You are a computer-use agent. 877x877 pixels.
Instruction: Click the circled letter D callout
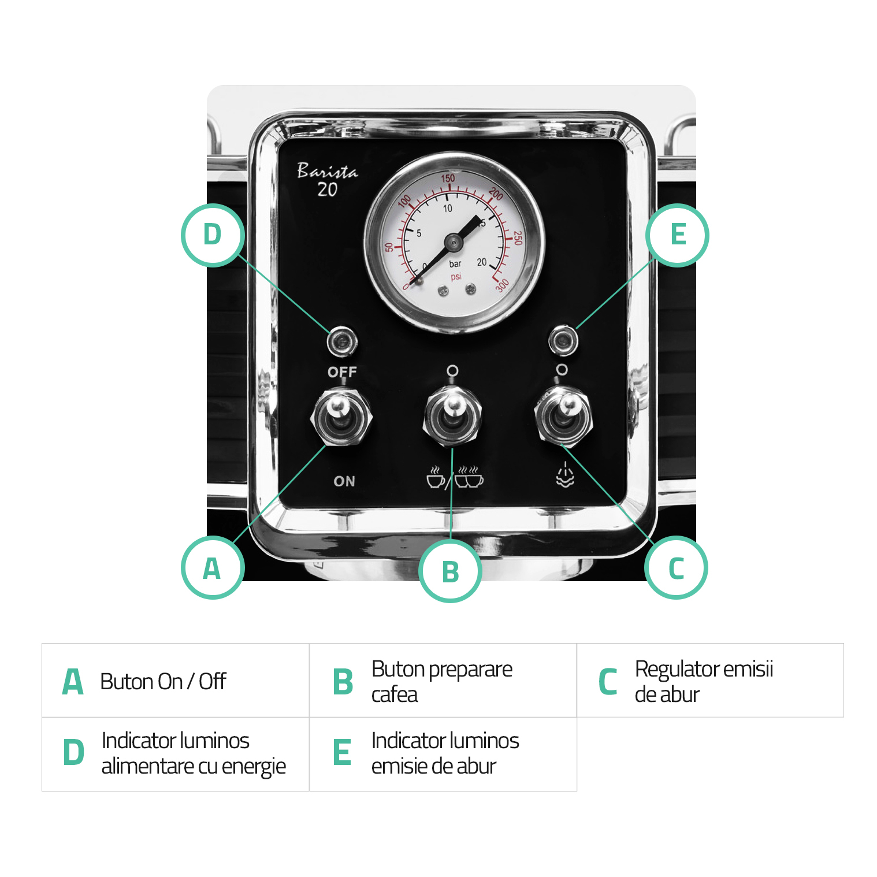[213, 235]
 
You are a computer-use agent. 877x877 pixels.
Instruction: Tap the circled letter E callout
[677, 235]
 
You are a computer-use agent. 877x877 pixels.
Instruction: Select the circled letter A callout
[213, 567]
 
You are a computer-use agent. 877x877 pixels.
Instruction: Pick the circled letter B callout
[450, 571]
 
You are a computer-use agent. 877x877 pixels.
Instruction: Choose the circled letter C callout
[676, 567]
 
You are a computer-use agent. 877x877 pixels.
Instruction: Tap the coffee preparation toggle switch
[452, 415]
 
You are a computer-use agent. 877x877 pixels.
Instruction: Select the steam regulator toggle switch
[563, 415]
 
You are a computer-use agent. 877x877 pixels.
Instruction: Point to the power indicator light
[342, 342]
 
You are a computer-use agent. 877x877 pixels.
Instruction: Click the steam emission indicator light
[563, 340]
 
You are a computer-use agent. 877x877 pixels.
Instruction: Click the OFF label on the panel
[342, 371]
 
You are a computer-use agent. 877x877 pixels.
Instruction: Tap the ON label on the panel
[344, 481]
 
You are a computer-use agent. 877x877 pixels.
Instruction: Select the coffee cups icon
[455, 477]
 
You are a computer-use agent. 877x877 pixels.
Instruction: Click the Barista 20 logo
[327, 180]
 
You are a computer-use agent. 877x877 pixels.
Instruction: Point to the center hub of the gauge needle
[454, 242]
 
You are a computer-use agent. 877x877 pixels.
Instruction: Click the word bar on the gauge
[455, 264]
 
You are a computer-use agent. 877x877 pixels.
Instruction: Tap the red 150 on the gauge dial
[448, 178]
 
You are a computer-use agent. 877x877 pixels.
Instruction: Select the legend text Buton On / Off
[163, 681]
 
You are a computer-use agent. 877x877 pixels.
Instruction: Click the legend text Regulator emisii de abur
[704, 681]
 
